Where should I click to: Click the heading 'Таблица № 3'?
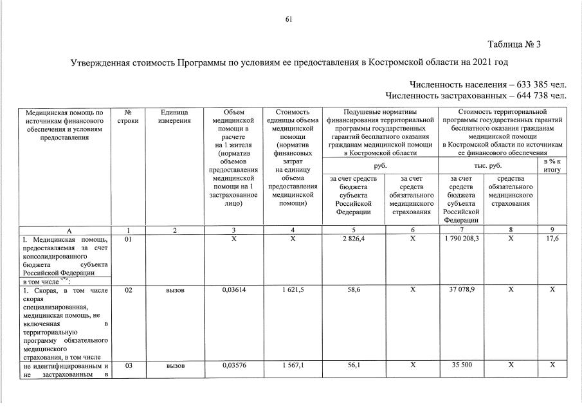[514, 44]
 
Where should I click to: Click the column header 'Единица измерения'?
[174, 116]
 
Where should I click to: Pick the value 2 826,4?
[354, 239]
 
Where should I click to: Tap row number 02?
[129, 291]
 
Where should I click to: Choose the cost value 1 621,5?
[293, 291]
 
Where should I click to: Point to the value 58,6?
[354, 291]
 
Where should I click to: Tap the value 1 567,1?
[293, 366]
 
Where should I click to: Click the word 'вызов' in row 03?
[176, 366]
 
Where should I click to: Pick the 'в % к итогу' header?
[552, 165]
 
